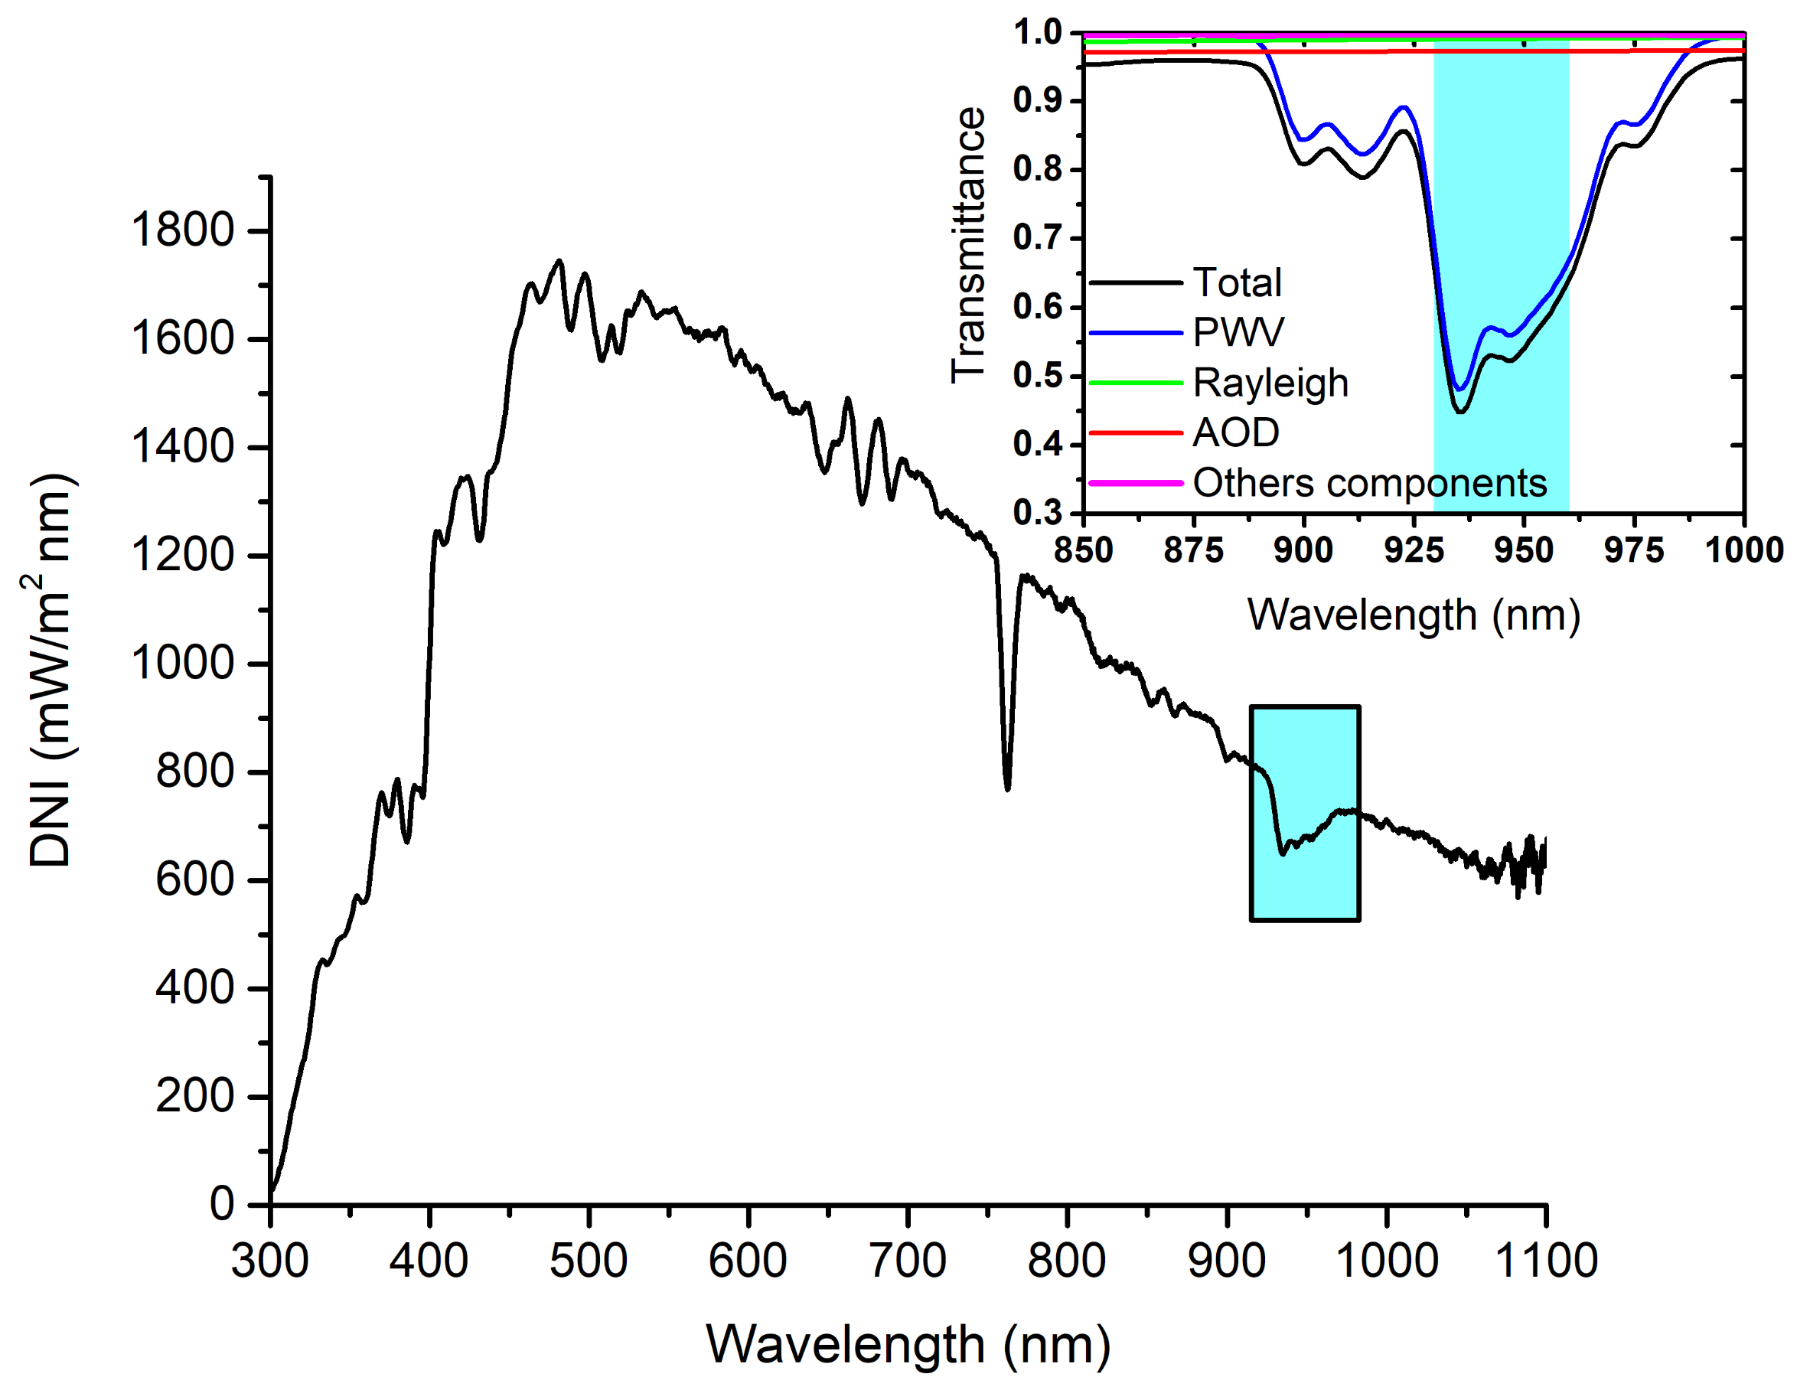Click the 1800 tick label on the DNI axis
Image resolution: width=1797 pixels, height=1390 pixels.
pyautogui.click(x=183, y=230)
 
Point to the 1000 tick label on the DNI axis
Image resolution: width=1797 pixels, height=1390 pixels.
pyautogui.click(x=183, y=664)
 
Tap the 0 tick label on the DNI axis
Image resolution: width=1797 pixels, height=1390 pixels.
pyautogui.click(x=222, y=1204)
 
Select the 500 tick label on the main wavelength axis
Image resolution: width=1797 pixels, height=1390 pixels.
pyautogui.click(x=589, y=1261)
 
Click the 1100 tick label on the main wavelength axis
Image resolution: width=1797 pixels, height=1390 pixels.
pyautogui.click(x=1545, y=1261)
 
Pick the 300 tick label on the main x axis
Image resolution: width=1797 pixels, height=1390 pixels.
pyautogui.click(x=270, y=1261)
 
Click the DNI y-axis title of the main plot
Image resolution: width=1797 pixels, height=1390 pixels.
pyautogui.click(x=51, y=671)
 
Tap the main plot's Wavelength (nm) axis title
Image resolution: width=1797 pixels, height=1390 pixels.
pyautogui.click(x=908, y=1346)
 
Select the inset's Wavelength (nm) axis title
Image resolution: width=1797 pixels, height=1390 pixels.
pyautogui.click(x=1414, y=615)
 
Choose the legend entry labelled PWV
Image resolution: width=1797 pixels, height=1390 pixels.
pyautogui.click(x=1238, y=332)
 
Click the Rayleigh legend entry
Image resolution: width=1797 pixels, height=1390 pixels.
pyautogui.click(x=1270, y=383)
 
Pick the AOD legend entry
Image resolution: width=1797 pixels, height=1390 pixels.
pyautogui.click(x=1236, y=433)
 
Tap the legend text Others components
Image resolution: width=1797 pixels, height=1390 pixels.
pyautogui.click(x=1369, y=483)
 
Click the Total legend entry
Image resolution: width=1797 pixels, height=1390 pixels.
pyautogui.click(x=1237, y=282)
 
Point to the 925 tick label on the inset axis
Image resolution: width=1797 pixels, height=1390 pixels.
pyautogui.click(x=1414, y=550)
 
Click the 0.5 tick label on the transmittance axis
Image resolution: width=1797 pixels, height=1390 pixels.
pyautogui.click(x=1038, y=376)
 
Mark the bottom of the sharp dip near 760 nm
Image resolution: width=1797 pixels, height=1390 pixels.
pyautogui.click(x=1007, y=788)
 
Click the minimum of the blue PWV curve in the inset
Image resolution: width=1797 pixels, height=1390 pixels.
pyautogui.click(x=1460, y=388)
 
